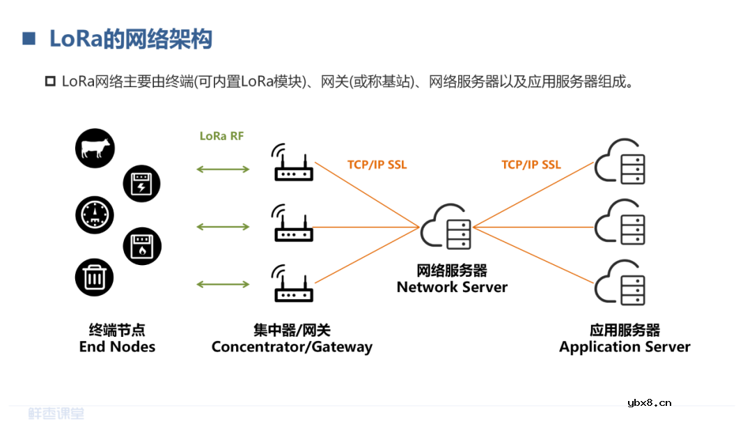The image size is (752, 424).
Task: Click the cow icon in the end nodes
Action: coord(95,149)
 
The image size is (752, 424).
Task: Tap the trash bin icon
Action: coord(95,278)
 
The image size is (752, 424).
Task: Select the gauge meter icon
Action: coord(95,214)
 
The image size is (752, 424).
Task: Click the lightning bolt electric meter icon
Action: coord(141,183)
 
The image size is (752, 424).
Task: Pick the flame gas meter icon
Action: coord(141,245)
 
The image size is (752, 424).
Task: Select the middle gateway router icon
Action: coord(292,224)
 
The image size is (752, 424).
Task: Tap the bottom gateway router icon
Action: coord(292,284)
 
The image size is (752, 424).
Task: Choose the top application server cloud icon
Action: coord(620,162)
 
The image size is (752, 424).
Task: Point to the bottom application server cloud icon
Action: coord(620,282)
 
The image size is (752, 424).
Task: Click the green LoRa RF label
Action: coord(221,136)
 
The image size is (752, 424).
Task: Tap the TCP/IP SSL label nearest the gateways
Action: coord(377,165)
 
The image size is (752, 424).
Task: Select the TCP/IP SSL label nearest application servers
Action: coord(531,165)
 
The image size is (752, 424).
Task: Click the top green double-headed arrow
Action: coord(223,169)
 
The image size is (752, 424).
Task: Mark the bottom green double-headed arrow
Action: coord(223,284)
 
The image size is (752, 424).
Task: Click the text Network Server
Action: coord(452,287)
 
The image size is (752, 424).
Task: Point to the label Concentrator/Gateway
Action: coord(292,347)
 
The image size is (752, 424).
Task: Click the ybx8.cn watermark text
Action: coord(649,402)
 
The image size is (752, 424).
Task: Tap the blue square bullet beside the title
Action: coord(29,38)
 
